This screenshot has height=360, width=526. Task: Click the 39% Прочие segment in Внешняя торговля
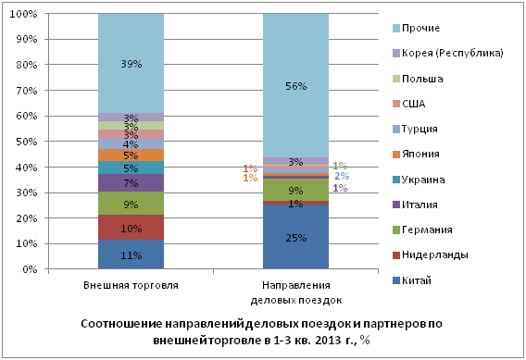[131, 63]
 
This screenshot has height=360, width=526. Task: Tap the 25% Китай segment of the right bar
[296, 237]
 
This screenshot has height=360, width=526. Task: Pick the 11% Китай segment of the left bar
[131, 254]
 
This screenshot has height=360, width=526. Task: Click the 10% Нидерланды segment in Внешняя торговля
[131, 228]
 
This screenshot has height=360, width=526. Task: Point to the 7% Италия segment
[131, 183]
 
